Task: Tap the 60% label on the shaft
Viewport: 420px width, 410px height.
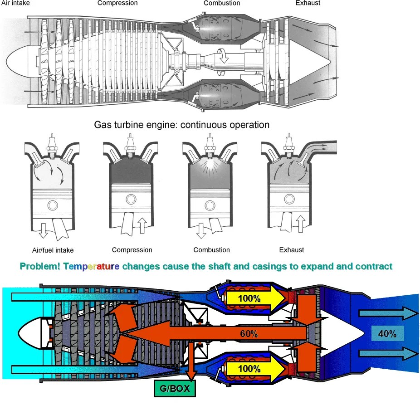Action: click(x=249, y=334)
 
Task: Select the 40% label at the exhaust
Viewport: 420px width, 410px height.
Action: click(x=387, y=334)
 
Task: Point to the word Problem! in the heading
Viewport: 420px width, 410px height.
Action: click(x=40, y=266)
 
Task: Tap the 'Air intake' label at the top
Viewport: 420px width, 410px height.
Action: click(x=16, y=3)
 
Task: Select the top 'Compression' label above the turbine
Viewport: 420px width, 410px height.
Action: click(x=117, y=3)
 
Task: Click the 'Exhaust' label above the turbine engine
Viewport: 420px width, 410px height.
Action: click(x=308, y=3)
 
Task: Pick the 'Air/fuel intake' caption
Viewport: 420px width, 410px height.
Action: click(x=53, y=250)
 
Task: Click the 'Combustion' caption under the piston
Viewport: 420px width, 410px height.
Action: click(x=211, y=250)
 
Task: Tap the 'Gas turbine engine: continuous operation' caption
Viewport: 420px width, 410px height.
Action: click(x=181, y=124)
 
